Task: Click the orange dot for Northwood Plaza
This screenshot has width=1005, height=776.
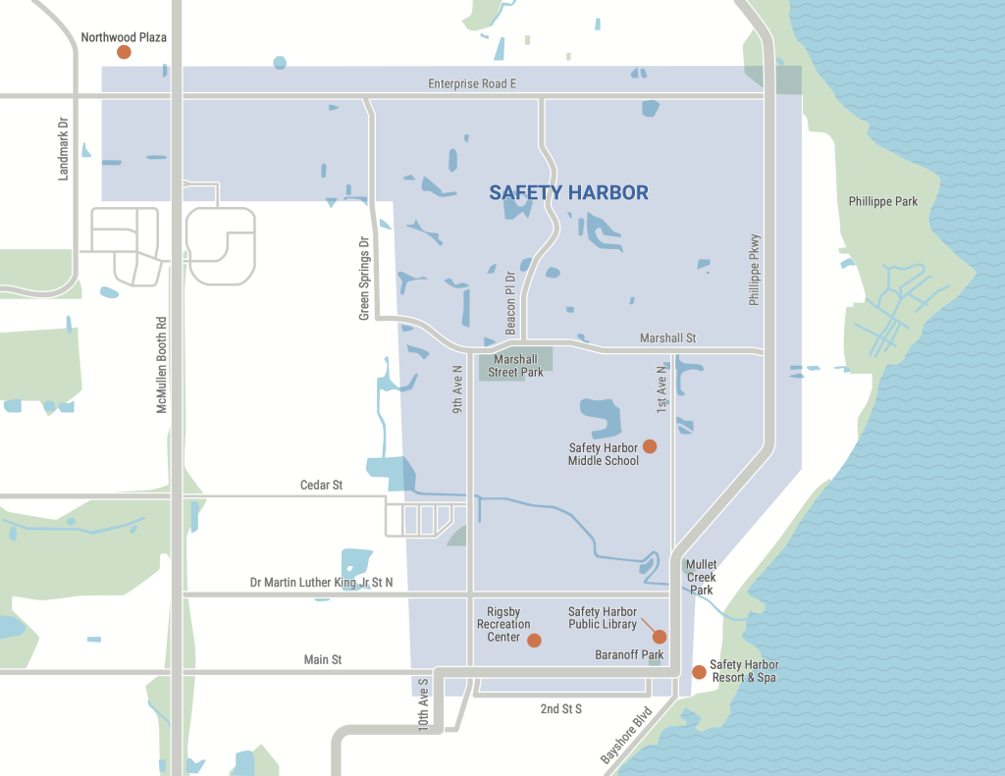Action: pyautogui.click(x=124, y=52)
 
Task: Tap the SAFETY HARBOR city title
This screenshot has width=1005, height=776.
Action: pyautogui.click(x=568, y=192)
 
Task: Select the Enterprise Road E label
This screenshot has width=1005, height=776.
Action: pyautogui.click(x=472, y=84)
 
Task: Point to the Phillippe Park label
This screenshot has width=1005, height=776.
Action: pyautogui.click(x=883, y=201)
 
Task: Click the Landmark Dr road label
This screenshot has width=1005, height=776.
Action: pyautogui.click(x=65, y=148)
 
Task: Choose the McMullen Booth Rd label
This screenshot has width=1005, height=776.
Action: pyautogui.click(x=162, y=363)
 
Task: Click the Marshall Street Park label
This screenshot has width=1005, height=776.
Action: pyautogui.click(x=516, y=366)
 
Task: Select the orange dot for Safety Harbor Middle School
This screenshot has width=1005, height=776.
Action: pyautogui.click(x=649, y=446)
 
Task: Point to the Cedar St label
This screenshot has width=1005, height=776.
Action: pyautogui.click(x=321, y=486)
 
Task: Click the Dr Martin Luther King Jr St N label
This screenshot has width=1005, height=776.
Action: pyautogui.click(x=321, y=583)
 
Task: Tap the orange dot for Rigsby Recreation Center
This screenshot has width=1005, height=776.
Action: pyautogui.click(x=534, y=641)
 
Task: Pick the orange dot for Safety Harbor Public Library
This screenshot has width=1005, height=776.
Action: pyautogui.click(x=660, y=636)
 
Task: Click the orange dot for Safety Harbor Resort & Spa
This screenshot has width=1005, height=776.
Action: pyautogui.click(x=699, y=672)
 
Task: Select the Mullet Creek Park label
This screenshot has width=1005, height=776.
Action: pyautogui.click(x=702, y=578)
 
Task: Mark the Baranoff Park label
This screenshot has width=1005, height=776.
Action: pyautogui.click(x=629, y=654)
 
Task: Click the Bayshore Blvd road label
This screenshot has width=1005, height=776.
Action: pyautogui.click(x=625, y=735)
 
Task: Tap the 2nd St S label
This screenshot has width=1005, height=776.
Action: pyautogui.click(x=561, y=708)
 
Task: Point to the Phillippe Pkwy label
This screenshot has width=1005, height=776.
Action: pyautogui.click(x=755, y=270)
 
